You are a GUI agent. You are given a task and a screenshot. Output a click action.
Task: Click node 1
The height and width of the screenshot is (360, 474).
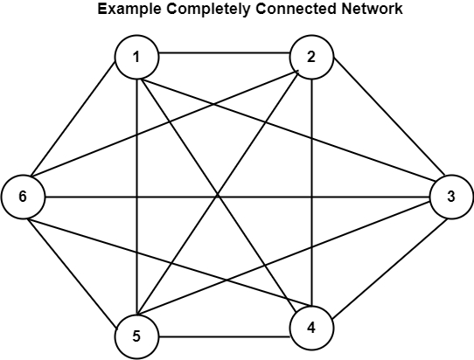click(x=136, y=57)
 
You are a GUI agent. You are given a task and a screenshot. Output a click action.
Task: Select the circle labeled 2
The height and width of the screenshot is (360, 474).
click(x=311, y=57)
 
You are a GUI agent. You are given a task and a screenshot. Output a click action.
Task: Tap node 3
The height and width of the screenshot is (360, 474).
click(x=451, y=197)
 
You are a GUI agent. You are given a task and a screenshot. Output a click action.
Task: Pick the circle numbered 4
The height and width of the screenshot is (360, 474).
click(x=311, y=328)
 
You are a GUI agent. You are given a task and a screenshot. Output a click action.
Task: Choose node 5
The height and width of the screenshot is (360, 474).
click(x=136, y=336)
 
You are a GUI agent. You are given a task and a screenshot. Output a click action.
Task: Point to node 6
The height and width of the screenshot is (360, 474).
click(x=23, y=197)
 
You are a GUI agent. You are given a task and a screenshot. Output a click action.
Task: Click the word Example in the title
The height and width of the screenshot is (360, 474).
click(x=129, y=9)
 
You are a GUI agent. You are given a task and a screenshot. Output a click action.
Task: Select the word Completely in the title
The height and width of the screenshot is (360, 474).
click(x=208, y=9)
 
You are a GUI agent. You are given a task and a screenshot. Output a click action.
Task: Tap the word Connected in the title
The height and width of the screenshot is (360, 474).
click(x=296, y=9)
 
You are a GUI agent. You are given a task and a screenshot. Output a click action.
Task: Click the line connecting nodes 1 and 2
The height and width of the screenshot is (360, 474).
click(x=224, y=53)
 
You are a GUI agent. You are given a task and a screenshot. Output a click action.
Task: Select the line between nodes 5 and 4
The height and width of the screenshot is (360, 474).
click(x=224, y=336)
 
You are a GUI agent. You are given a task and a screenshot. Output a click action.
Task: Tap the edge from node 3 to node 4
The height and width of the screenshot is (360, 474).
click(x=390, y=268)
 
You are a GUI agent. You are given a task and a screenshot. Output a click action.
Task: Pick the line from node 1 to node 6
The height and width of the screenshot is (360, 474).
click(x=73, y=118)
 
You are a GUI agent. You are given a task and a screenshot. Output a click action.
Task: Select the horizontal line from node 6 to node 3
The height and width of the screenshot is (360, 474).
click(x=237, y=197)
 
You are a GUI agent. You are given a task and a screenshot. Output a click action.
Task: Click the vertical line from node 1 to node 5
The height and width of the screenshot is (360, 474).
click(x=137, y=197)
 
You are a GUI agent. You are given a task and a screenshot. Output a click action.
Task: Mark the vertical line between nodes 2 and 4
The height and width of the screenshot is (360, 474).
click(x=312, y=192)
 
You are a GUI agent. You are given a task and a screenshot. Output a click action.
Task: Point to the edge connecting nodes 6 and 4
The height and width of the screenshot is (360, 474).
click(x=170, y=262)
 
